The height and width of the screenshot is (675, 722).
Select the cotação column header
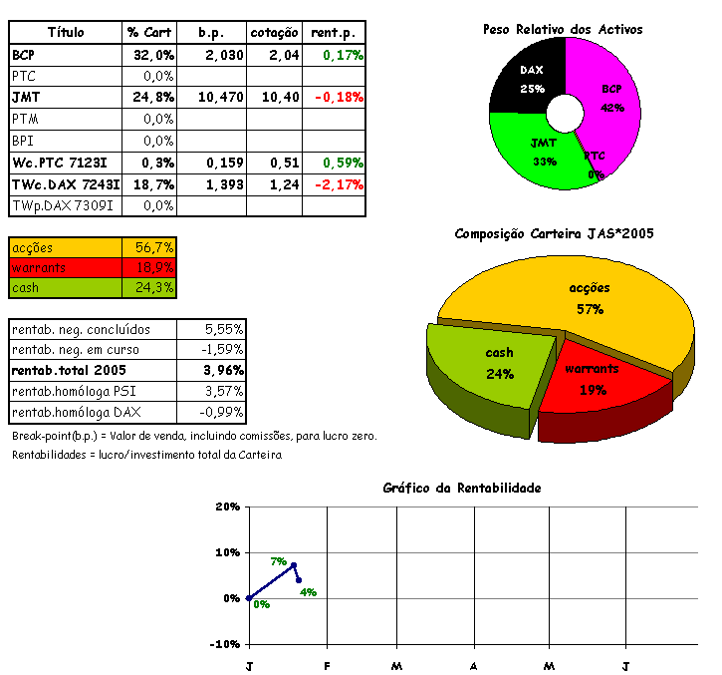[275, 33]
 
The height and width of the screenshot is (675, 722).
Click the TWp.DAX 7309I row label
[62, 205]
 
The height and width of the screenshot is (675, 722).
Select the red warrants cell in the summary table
[65, 267]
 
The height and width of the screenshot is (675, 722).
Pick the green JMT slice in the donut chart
[543, 150]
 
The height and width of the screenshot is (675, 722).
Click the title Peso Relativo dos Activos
[563, 30]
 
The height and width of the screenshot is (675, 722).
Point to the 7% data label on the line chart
[278, 561]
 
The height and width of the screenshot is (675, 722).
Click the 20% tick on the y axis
[228, 506]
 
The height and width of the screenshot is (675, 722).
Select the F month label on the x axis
[326, 665]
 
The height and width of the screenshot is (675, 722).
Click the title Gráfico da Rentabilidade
[462, 488]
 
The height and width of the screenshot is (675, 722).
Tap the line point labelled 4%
[299, 580]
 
